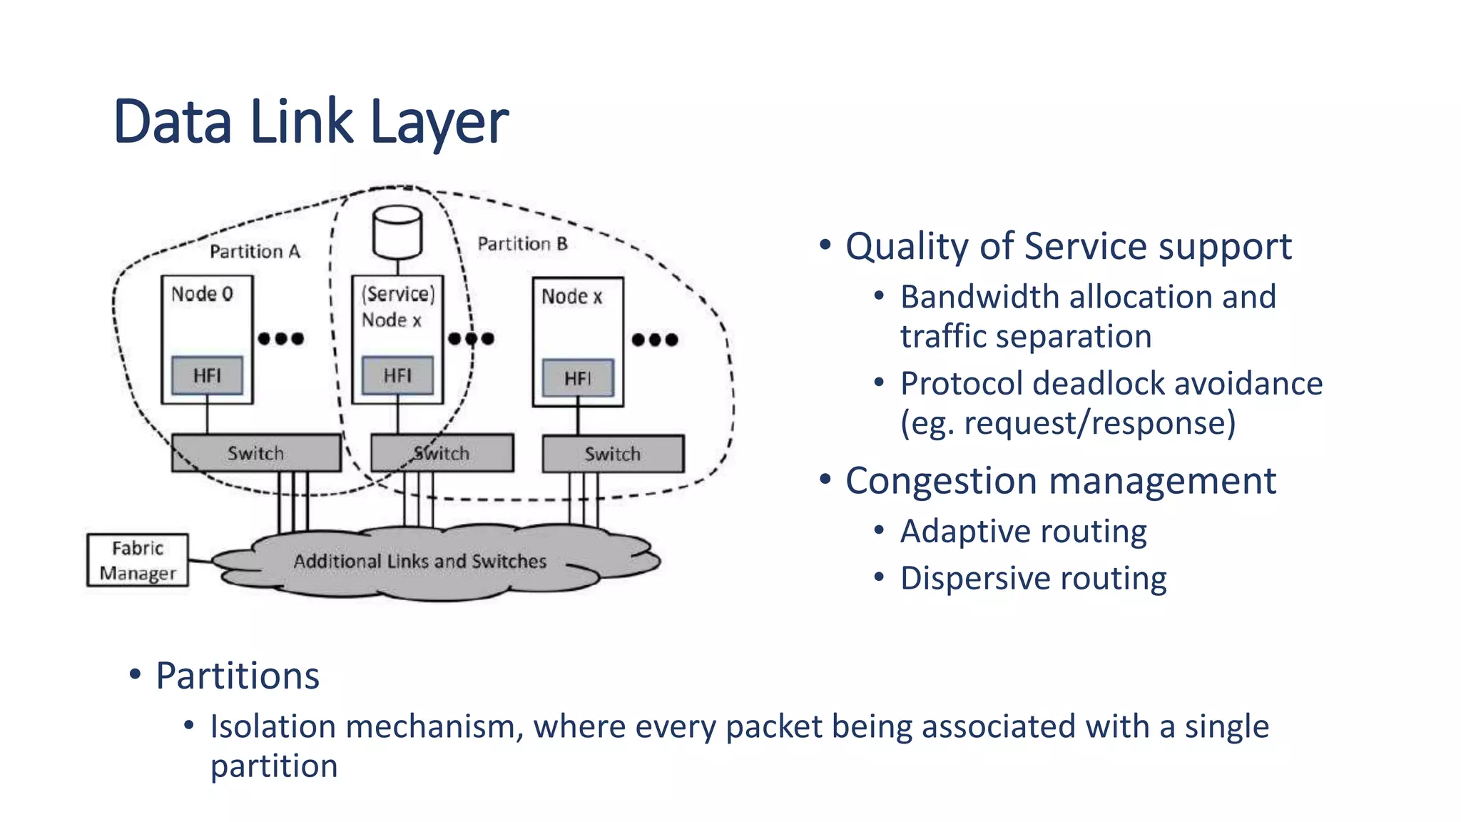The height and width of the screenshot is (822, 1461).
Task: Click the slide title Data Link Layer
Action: pyautogui.click(x=310, y=121)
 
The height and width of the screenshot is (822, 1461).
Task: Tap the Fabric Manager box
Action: pyautogui.click(x=138, y=561)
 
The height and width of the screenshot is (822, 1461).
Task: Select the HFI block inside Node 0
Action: pyautogui.click(x=207, y=375)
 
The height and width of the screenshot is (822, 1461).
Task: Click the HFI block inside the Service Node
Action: pyautogui.click(x=397, y=375)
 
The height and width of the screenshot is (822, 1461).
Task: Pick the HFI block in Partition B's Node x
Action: pyautogui.click(x=578, y=378)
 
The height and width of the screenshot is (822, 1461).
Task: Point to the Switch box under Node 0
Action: pyautogui.click(x=255, y=453)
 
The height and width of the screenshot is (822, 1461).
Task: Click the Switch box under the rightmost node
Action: pyautogui.click(x=613, y=454)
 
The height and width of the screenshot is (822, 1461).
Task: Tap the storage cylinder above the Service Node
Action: pyautogui.click(x=397, y=232)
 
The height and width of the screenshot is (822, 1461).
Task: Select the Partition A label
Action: pyautogui.click(x=255, y=251)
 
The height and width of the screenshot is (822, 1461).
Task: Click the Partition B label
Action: pyautogui.click(x=522, y=244)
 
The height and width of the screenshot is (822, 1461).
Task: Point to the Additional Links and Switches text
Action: pyautogui.click(x=419, y=562)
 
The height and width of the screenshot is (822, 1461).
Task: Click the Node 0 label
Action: pyautogui.click(x=202, y=294)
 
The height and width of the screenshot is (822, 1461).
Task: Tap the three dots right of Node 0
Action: pyautogui.click(x=281, y=338)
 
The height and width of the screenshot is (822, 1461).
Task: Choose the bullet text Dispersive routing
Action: pyautogui.click(x=1033, y=578)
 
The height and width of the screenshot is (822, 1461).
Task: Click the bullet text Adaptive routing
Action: pyautogui.click(x=1023, y=532)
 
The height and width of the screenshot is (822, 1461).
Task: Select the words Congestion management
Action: pyautogui.click(x=1060, y=481)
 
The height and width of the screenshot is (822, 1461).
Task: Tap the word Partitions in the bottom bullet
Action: pyautogui.click(x=238, y=676)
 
